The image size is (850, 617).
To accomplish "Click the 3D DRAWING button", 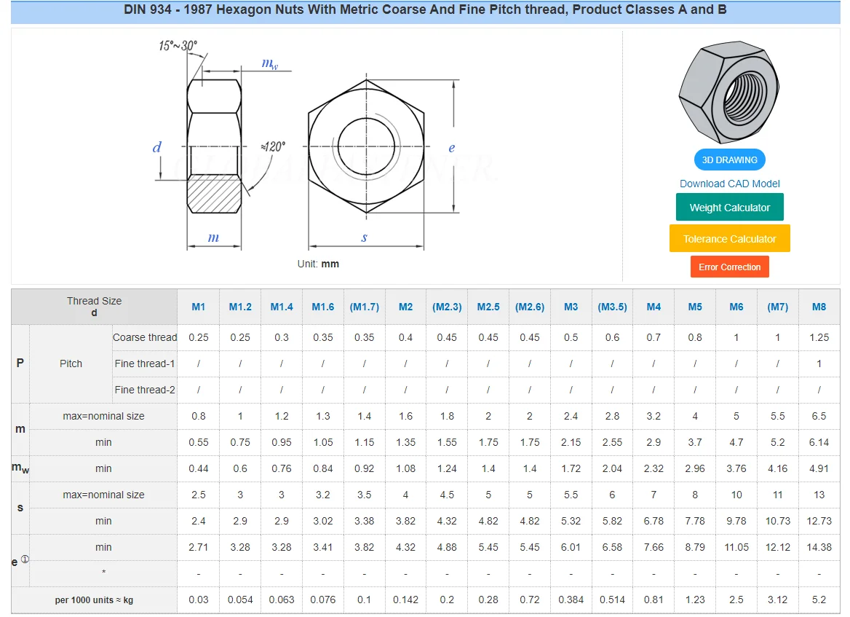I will pyautogui.click(x=729, y=160).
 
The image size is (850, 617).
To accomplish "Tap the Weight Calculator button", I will pyautogui.click(x=729, y=208).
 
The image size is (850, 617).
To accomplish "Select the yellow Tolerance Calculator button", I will pyautogui.click(x=729, y=239).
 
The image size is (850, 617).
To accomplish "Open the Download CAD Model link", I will pyautogui.click(x=729, y=184).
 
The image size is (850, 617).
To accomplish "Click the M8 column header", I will pyautogui.click(x=819, y=307).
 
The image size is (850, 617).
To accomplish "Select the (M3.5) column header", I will pyautogui.click(x=612, y=307).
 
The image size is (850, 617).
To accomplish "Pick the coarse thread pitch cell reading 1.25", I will pyautogui.click(x=819, y=337).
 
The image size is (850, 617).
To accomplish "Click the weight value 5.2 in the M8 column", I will pyautogui.click(x=819, y=600).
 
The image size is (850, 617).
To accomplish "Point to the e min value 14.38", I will pyautogui.click(x=819, y=547).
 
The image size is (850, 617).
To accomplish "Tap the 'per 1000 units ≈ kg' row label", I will pyautogui.click(x=94, y=600).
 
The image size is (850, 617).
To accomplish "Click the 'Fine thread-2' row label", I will pyautogui.click(x=145, y=390).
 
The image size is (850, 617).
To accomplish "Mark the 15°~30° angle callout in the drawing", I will pyautogui.click(x=178, y=46).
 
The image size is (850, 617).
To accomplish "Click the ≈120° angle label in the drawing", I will pyautogui.click(x=272, y=146).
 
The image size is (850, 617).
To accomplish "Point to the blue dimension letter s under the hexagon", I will pyautogui.click(x=365, y=237).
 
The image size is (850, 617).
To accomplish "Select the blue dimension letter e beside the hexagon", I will pyautogui.click(x=451, y=148).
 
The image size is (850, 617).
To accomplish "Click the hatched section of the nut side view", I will pyautogui.click(x=214, y=193).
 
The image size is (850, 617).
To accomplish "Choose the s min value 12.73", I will pyautogui.click(x=819, y=521).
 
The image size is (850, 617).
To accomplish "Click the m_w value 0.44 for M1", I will pyautogui.click(x=199, y=468).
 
